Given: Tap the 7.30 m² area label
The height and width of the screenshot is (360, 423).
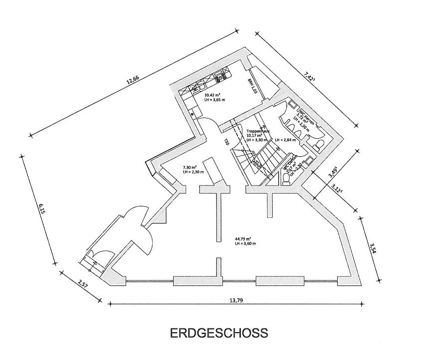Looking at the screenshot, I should pyautogui.click(x=190, y=167).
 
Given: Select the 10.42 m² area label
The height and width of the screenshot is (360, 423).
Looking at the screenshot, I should pyautogui.click(x=212, y=94).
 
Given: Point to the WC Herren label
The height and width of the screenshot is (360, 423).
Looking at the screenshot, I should pyautogui.click(x=302, y=113).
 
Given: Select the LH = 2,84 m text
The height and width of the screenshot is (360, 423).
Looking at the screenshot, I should pyautogui.click(x=285, y=140).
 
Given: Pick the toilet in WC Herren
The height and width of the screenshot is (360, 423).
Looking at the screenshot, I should pyautogui.click(x=318, y=144).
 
